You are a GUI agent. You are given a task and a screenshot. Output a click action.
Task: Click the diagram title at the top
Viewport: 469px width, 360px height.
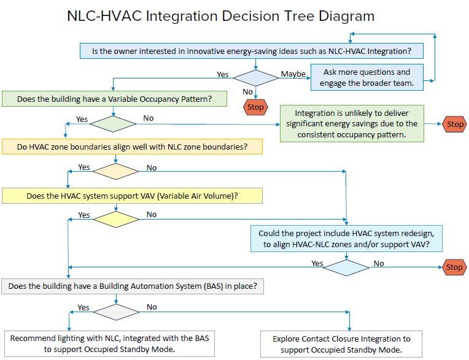[x=220, y=15]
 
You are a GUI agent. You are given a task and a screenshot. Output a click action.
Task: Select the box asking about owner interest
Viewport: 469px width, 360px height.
[x=252, y=51]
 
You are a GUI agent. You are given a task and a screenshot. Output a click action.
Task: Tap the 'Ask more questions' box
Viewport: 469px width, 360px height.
[x=366, y=77]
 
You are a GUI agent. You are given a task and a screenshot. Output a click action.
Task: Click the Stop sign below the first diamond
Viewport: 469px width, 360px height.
[x=255, y=107]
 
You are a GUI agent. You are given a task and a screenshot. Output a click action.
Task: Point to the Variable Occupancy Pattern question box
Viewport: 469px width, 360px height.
[x=115, y=99]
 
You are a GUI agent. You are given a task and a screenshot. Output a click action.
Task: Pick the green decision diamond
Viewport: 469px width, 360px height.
[x=113, y=123]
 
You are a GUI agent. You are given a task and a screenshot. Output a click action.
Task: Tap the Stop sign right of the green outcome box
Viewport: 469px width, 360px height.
[x=455, y=124]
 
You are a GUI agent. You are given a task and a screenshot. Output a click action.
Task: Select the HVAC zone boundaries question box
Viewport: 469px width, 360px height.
[x=132, y=147]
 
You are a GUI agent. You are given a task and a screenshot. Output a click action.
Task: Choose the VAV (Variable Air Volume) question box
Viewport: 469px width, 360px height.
[x=132, y=196]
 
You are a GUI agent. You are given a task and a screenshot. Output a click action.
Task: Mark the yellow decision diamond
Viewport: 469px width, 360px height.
[x=115, y=219]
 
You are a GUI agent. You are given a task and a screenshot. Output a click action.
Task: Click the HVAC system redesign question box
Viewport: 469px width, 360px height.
[x=346, y=239]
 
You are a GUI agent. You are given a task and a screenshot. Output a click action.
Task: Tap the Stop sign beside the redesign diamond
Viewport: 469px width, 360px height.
[x=454, y=267]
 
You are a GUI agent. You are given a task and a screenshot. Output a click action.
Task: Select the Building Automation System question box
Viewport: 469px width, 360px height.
[x=133, y=286]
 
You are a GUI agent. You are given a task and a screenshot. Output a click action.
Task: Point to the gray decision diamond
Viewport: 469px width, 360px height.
[x=115, y=312]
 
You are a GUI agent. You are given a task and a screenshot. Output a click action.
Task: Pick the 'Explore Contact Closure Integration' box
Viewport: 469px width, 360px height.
[x=341, y=344]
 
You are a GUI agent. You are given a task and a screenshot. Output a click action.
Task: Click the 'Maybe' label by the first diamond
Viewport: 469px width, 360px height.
[x=293, y=74]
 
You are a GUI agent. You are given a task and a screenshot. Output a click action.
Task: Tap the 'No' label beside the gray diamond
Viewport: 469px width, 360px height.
[x=152, y=307]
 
